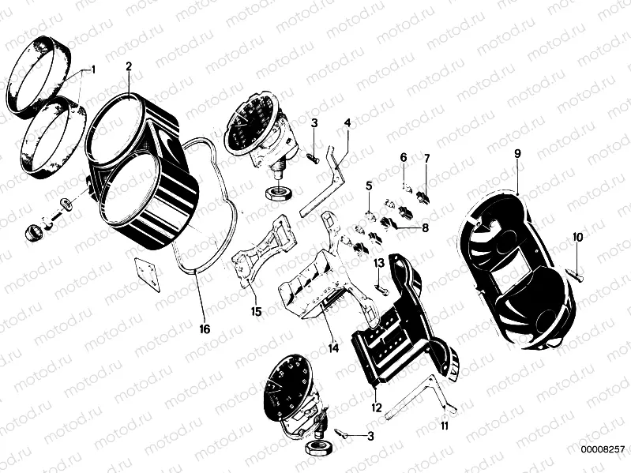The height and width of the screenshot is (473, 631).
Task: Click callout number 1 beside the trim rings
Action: (93, 69)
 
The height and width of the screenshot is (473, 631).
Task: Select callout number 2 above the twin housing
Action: (129, 66)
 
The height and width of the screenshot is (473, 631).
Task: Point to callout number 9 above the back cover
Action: (517, 154)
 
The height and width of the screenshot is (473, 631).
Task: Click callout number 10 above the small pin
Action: (577, 237)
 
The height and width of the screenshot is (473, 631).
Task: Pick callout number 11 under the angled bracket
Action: (445, 426)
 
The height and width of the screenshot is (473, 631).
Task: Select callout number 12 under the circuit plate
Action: (377, 408)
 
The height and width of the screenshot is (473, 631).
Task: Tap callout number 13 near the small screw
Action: (378, 262)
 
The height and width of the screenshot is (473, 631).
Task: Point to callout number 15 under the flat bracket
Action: (255, 311)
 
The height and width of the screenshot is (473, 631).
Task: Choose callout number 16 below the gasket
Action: (205, 328)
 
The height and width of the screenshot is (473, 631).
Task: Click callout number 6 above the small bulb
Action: (403, 157)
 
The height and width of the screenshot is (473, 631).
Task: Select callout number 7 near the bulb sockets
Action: (426, 159)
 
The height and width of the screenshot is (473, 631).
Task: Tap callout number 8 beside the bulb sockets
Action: (425, 228)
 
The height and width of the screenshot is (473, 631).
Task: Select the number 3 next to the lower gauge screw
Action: (370, 436)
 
